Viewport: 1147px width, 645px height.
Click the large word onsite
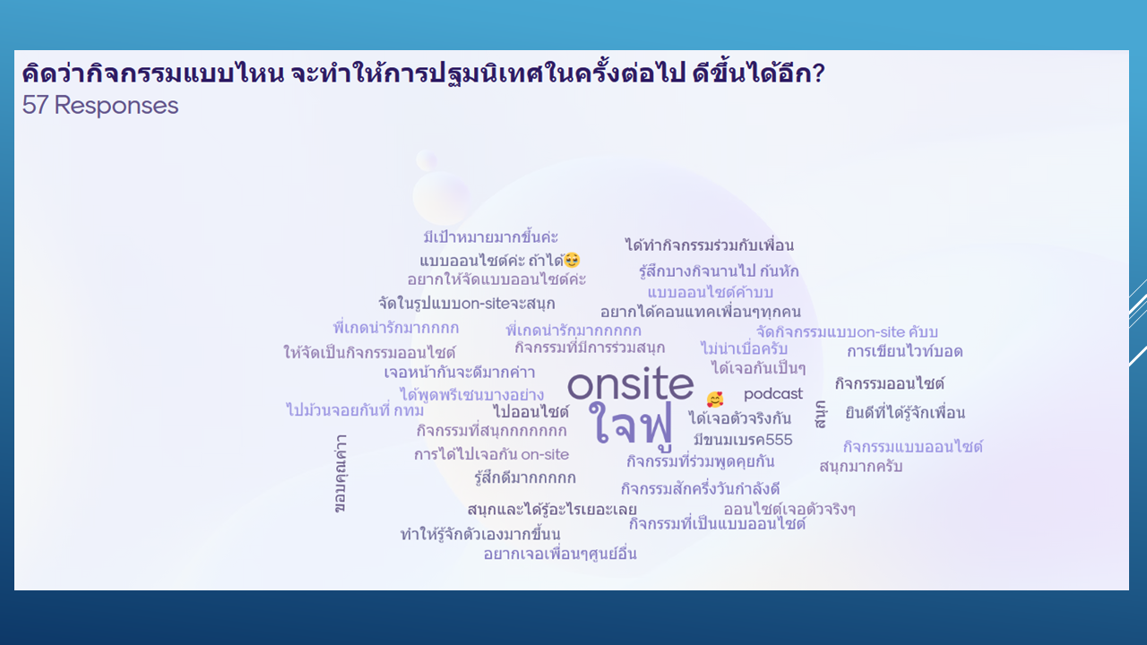coord(630,383)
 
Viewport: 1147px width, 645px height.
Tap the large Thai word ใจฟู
coord(631,424)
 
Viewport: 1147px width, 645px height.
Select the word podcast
coord(773,393)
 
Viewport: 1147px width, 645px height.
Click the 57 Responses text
coord(100,106)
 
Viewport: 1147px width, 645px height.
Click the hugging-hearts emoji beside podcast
coord(715,400)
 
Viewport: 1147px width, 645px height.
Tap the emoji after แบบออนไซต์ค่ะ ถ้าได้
coord(572,260)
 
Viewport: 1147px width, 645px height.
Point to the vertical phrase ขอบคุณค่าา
coord(340,474)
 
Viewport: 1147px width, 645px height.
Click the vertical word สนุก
coord(820,414)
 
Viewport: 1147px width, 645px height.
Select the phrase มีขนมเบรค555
coord(743,440)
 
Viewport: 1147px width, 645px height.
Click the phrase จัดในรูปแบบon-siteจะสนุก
coord(467,303)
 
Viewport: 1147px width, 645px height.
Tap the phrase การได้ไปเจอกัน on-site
coord(492,454)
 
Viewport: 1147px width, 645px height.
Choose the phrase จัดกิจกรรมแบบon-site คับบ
coord(847,331)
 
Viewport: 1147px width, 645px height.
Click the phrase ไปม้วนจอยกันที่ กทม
coord(355,410)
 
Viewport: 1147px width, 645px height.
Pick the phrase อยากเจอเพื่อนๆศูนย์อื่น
coord(560,554)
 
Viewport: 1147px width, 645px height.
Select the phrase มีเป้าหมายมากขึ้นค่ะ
coord(490,237)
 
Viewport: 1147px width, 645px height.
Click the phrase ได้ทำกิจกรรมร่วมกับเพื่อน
coord(710,245)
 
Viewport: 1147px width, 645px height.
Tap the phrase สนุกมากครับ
coord(861,467)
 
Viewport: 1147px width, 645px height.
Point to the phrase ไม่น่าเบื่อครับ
coord(744,348)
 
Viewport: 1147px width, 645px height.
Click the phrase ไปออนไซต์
coord(531,411)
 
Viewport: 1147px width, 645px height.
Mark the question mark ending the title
coord(818,73)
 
